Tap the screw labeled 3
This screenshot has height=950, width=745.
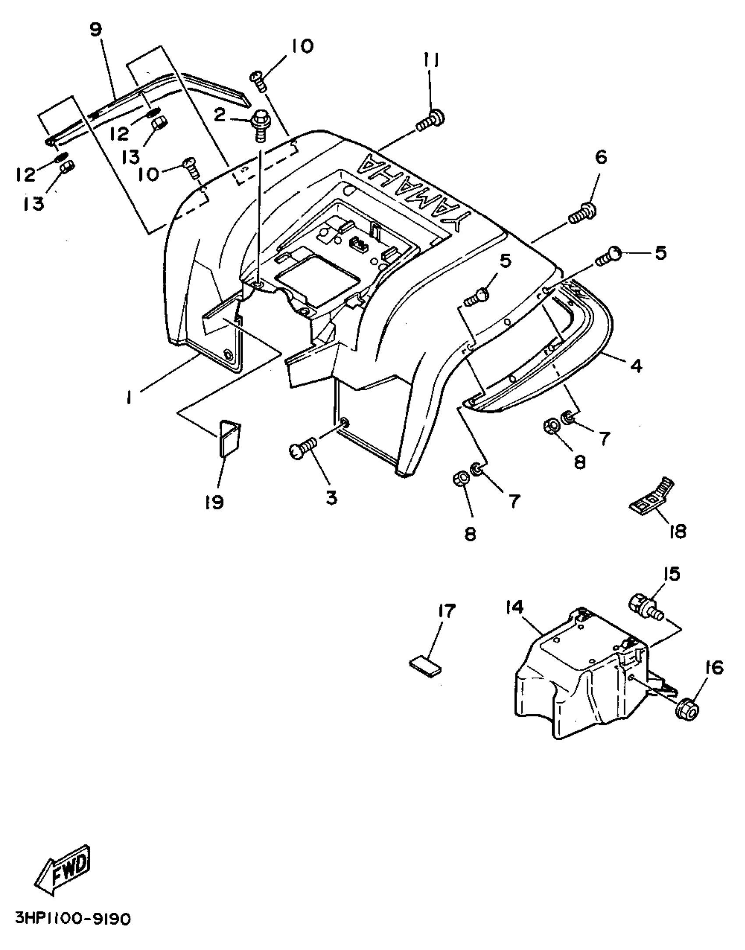(302, 449)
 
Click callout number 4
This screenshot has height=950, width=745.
(636, 365)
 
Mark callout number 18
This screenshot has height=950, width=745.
(678, 532)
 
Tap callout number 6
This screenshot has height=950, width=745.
(601, 157)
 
